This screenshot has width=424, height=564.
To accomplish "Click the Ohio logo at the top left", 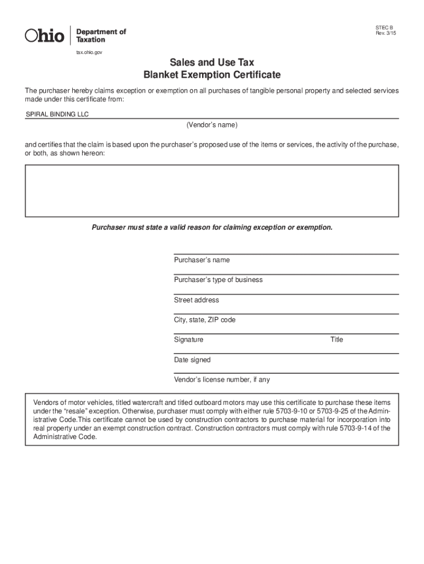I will click(45, 36).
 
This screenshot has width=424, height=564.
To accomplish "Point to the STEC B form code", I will click(384, 27).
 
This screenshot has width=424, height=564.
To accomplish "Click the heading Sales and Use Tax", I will click(211, 62).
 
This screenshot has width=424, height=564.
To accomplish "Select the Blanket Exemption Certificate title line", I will click(211, 74).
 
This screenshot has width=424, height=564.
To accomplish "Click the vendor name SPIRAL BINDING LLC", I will click(57, 114).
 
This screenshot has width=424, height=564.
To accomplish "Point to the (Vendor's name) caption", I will click(211, 125).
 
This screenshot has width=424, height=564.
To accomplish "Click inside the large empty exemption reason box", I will click(211, 191).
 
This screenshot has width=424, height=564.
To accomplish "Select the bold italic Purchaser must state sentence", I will click(211, 227).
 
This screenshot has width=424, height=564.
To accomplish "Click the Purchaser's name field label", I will click(202, 260).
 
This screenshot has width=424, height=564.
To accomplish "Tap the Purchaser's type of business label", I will click(218, 280).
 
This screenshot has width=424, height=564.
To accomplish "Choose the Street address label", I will click(196, 300).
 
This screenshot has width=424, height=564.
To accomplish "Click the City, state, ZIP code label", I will click(204, 320).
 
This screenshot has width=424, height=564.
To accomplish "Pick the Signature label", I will click(188, 340).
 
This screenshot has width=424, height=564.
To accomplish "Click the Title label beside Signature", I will click(336, 340).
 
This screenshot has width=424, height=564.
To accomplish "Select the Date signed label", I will click(192, 360).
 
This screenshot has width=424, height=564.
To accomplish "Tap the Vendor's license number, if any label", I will click(222, 380).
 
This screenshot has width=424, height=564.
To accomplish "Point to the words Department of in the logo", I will click(101, 32).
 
